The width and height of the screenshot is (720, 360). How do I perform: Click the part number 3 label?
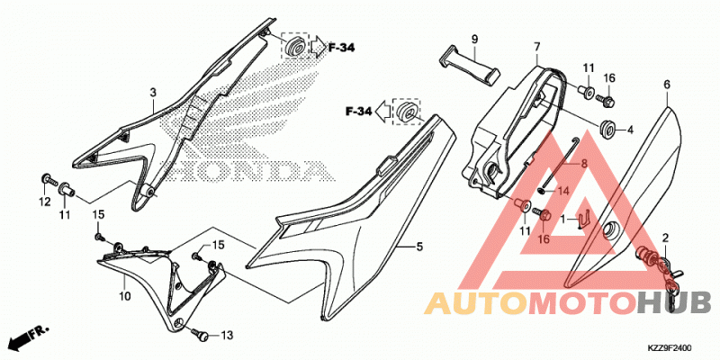[153, 94]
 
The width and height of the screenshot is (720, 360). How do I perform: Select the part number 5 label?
[419, 247]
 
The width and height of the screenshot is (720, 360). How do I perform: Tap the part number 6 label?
[667, 85]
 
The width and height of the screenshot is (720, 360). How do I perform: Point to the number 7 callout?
[536, 47]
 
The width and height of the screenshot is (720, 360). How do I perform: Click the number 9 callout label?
[474, 39]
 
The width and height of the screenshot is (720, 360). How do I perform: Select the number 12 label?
[44, 202]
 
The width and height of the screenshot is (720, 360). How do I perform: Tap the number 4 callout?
[630, 130]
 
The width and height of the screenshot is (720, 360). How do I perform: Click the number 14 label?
[563, 190]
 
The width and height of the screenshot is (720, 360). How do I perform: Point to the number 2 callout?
[664, 238]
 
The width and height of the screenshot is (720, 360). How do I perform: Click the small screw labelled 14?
[543, 189]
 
